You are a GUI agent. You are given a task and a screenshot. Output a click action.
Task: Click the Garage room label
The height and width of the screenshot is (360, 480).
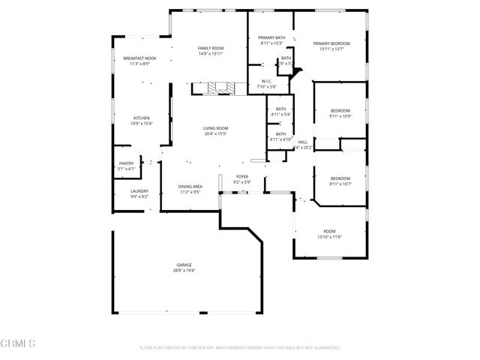click(x=184, y=265)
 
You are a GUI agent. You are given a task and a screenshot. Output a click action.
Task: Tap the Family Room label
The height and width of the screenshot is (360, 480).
click(x=211, y=48)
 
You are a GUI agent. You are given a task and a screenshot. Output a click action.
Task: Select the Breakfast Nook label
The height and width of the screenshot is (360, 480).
click(x=140, y=58)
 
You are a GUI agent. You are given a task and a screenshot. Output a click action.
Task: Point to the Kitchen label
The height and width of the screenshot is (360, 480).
click(x=142, y=118)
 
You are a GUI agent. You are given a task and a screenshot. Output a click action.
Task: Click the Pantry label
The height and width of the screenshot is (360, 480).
click(x=126, y=163)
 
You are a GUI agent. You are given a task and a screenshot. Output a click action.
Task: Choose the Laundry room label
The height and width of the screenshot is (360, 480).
click(x=139, y=191)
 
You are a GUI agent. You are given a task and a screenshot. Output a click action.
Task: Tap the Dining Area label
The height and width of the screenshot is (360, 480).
click(x=190, y=187)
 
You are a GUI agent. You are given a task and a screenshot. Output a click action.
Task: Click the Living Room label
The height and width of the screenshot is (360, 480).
click(x=216, y=128)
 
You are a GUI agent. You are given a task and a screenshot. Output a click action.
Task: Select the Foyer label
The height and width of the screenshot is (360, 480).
click(x=241, y=176)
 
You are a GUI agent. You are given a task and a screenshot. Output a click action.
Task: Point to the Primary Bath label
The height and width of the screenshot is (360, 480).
click(x=271, y=37)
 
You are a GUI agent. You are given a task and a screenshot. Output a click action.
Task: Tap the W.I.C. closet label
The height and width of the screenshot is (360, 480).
click(x=266, y=81)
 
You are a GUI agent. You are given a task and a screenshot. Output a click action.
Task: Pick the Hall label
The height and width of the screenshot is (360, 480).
click(x=303, y=142)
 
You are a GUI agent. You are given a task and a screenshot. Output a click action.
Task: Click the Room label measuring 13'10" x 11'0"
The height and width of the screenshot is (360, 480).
click(x=330, y=231)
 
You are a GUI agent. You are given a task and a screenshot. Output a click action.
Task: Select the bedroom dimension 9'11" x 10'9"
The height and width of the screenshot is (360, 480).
click(x=340, y=116)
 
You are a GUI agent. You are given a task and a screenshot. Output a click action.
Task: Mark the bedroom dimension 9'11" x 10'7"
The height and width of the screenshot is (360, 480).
click(x=340, y=184)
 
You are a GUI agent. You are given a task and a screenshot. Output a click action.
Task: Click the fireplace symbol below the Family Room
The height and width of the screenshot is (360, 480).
click(x=220, y=88)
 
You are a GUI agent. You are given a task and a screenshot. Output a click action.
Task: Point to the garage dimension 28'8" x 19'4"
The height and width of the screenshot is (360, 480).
click(x=184, y=271)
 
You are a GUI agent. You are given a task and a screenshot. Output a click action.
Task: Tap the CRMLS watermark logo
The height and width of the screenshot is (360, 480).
click(x=19, y=344)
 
